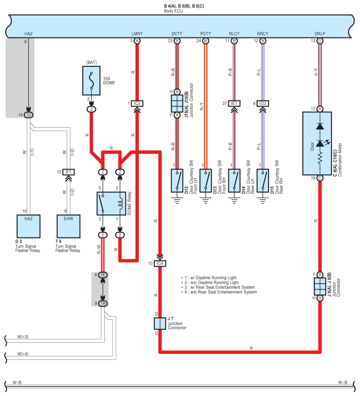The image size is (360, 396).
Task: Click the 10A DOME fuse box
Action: pos(92,81)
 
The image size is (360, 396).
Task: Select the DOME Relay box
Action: pos(111,204)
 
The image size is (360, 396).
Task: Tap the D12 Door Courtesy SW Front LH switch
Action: pos(177,181)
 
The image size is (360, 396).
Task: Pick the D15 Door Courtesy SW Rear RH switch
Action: pos(263,181)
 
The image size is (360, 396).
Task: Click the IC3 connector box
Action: pos(137,104)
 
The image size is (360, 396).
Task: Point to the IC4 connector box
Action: pos(160,264)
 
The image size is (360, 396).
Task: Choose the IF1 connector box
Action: pos(69,172)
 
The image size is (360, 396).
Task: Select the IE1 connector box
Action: pos(234,104)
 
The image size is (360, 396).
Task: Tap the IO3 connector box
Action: pos(263,104)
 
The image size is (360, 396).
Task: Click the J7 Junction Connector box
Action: pos(160,323)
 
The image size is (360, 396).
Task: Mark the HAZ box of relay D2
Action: pos(29,226)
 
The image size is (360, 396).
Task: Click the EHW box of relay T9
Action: pos(68,226)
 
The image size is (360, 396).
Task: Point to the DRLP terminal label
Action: pos(320,33)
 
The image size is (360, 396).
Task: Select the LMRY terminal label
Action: pos(137,33)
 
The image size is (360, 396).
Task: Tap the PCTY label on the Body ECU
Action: pos(206,33)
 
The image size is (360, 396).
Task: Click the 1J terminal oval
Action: pos(29,115)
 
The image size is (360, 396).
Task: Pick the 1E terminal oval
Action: pos(103,275)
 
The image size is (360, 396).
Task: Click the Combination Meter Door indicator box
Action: pos(317,144)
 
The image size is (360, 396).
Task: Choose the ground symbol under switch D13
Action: pos(206,201)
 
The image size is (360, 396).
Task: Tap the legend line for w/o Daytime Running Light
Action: pos(210,283)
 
